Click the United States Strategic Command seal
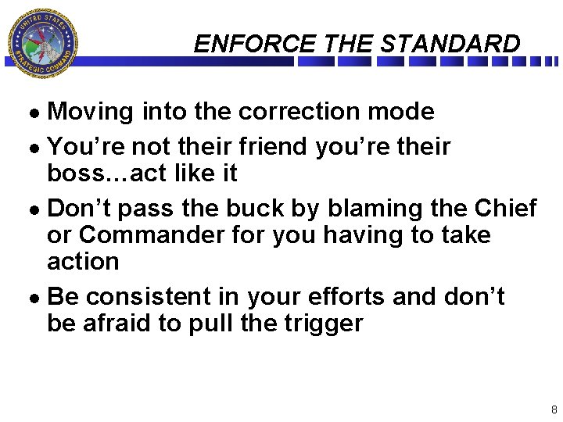pyautogui.click(x=42, y=43)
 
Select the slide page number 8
pyautogui.click(x=554, y=409)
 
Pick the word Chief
pyautogui.click(x=507, y=209)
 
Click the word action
pyautogui.click(x=83, y=261)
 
